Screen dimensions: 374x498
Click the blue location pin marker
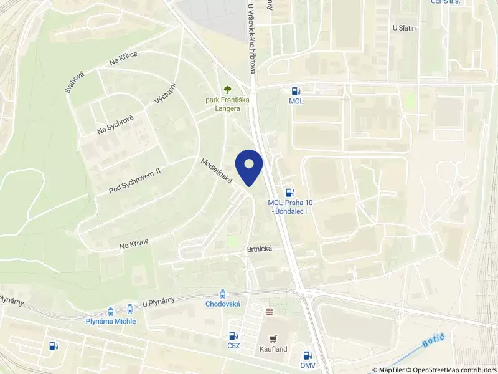249,167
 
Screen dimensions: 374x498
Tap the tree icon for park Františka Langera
227,90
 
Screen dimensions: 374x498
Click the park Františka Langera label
227,103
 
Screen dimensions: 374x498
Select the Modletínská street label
217,170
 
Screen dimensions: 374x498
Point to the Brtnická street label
260,247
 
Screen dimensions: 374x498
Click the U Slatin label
404,28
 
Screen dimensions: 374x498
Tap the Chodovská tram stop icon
223,293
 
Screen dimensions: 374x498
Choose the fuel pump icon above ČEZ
233,335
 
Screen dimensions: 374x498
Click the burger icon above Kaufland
270,311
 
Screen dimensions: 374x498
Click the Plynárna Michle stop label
110,321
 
